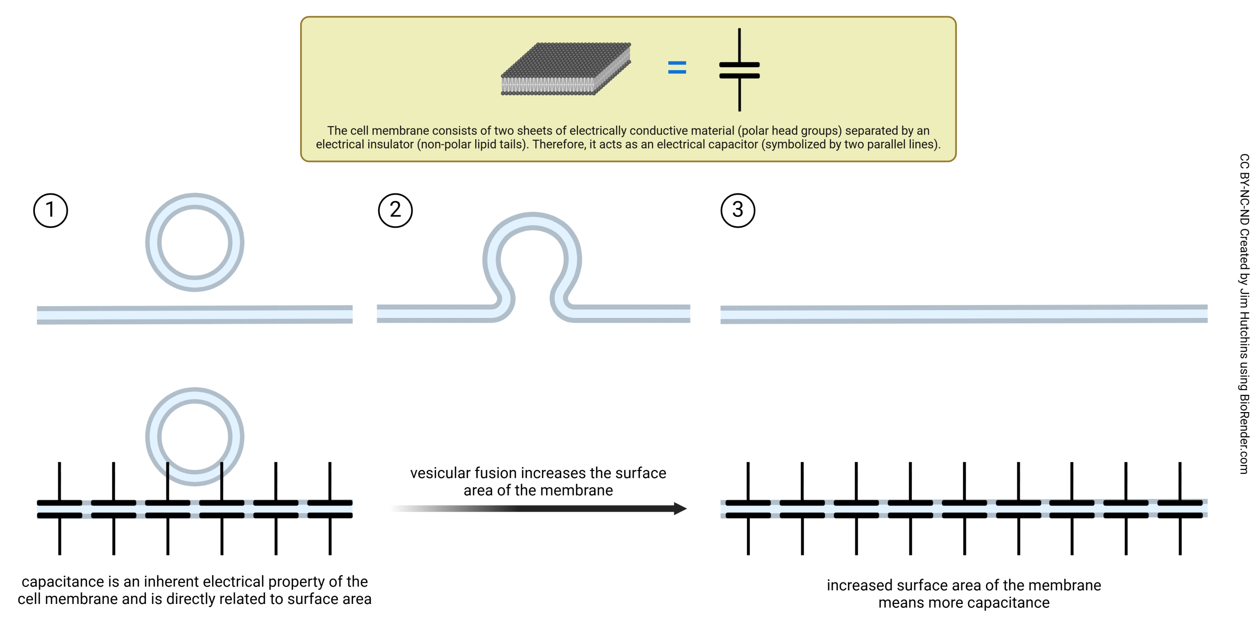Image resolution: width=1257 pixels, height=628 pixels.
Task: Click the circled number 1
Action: coord(51,210)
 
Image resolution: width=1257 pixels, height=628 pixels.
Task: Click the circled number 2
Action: coord(395,210)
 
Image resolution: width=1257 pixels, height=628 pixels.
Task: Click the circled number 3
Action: coord(738,210)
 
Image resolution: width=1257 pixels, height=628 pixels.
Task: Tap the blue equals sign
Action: coord(677,67)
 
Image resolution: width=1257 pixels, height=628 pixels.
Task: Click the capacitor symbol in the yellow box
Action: coord(739,70)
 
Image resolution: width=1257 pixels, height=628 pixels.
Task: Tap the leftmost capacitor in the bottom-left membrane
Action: coord(59,509)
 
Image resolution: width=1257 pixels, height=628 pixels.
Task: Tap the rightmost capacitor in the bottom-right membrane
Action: coord(1179,509)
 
